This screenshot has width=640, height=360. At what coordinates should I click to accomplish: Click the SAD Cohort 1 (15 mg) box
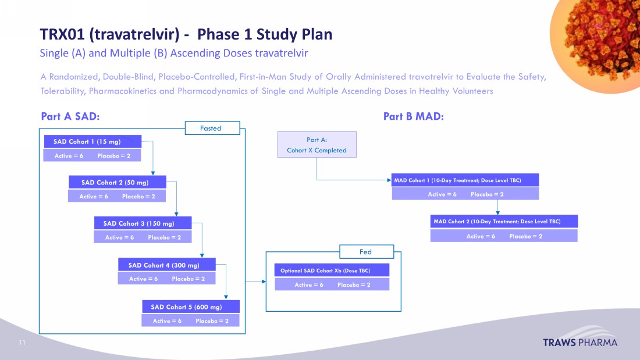93,141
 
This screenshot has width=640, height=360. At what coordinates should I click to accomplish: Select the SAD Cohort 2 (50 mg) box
117,183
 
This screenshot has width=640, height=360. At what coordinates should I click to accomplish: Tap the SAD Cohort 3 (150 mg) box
143,223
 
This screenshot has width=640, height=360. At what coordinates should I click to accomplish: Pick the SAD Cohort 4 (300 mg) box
167,265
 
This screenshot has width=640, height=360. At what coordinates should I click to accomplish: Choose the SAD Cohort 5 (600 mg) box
190,307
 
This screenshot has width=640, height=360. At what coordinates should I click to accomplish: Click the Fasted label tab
212,128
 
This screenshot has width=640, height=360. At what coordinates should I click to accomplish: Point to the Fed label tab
366,252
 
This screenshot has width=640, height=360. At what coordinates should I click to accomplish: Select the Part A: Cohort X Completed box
317,144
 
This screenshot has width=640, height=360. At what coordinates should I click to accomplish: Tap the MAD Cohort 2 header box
504,222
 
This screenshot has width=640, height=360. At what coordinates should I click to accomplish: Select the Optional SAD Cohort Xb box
332,270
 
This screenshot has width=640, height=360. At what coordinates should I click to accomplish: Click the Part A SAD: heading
70,117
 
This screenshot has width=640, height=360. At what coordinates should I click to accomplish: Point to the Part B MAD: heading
414,117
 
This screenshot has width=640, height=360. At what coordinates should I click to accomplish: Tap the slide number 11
22,343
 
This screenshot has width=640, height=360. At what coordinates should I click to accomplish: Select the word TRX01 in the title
62,34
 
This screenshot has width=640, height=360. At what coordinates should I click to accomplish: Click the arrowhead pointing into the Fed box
262,282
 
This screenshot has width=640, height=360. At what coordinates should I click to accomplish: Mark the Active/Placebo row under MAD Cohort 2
504,236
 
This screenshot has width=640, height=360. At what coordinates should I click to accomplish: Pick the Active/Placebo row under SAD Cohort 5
190,320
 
